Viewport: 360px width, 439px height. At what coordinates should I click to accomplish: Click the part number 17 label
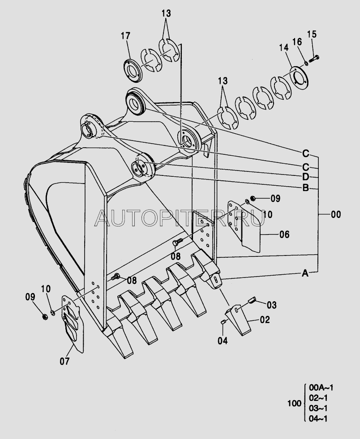point(125,36)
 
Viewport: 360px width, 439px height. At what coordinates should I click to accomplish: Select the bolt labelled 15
point(314,59)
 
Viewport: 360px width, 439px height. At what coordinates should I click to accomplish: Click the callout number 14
point(283,47)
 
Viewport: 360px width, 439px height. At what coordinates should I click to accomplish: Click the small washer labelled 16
point(306,63)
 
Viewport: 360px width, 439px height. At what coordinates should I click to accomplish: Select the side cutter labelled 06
point(244,226)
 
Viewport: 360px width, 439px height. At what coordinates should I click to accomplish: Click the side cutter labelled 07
point(73,324)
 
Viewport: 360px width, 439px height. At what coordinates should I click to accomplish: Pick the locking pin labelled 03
point(252,300)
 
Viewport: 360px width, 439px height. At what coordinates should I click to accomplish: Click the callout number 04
point(223,341)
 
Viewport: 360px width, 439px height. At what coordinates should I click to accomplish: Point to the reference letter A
point(305,273)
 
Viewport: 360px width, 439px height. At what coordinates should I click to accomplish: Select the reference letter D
point(305,177)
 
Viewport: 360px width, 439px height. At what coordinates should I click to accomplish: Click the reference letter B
point(306,188)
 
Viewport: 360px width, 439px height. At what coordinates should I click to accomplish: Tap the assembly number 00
point(336,215)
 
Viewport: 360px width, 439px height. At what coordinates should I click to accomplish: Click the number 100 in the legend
point(294,404)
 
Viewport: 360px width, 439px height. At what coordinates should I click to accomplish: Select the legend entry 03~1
point(318,408)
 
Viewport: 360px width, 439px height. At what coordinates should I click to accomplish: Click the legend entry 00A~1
point(321,388)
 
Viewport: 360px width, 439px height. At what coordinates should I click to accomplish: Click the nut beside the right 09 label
point(253,198)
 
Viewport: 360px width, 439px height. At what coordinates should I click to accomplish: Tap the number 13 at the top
point(166,13)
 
